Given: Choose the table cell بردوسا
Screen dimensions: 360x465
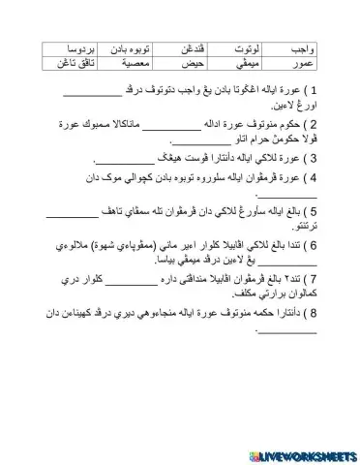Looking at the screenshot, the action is coord(64,47).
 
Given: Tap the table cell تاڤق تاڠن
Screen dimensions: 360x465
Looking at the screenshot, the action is coord(64,62).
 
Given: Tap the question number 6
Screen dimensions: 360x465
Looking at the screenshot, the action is coord(312,243).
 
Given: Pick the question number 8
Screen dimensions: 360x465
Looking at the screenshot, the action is coord(312,312).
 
